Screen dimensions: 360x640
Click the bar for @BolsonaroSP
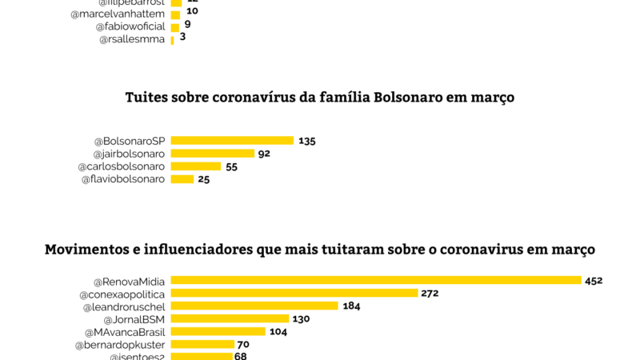coord(232,141)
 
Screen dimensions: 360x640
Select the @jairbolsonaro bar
coord(212,154)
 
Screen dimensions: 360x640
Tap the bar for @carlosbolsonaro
coord(195,166)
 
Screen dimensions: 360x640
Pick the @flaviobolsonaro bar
coord(182,179)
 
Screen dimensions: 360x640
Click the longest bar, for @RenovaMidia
coord(375,280)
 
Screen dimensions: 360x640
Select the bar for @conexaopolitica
coord(294,293)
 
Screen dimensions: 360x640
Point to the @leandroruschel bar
coord(254,306)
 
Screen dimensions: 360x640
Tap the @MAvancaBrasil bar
coord(218,331)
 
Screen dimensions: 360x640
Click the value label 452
coord(594,280)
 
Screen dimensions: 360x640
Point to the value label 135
coord(307,141)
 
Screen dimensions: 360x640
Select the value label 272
coord(430,293)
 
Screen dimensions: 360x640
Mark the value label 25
coord(204,179)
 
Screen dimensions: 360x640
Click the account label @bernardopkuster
coord(120,345)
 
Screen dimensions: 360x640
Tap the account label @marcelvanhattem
coord(118,14)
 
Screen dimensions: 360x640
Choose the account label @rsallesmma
coord(132,39)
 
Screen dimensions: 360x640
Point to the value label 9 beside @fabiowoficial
coord(187,25)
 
